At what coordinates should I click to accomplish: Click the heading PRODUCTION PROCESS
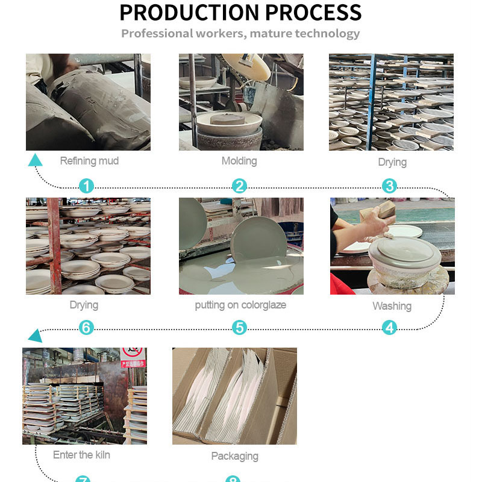[240, 12]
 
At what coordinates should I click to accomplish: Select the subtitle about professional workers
[240, 33]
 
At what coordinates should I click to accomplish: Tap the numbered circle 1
[87, 186]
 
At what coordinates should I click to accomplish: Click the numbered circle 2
[240, 186]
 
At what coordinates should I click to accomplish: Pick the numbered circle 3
[390, 186]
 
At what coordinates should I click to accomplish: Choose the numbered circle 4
[390, 328]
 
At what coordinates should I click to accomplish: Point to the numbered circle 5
[240, 328]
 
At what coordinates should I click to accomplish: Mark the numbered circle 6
[87, 328]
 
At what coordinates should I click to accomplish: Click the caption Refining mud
[89, 161]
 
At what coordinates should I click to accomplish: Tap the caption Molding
[239, 161]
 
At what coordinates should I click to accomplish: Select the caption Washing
[392, 306]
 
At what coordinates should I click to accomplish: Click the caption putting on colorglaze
[240, 305]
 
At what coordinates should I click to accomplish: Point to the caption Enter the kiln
[81, 455]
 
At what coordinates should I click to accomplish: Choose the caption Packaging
[235, 456]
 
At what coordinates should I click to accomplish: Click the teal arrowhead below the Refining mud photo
[36, 160]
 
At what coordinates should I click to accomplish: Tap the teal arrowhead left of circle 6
[35, 335]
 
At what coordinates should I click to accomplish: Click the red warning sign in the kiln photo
[133, 355]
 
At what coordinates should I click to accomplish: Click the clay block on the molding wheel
[227, 119]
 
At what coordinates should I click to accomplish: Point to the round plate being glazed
[260, 241]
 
